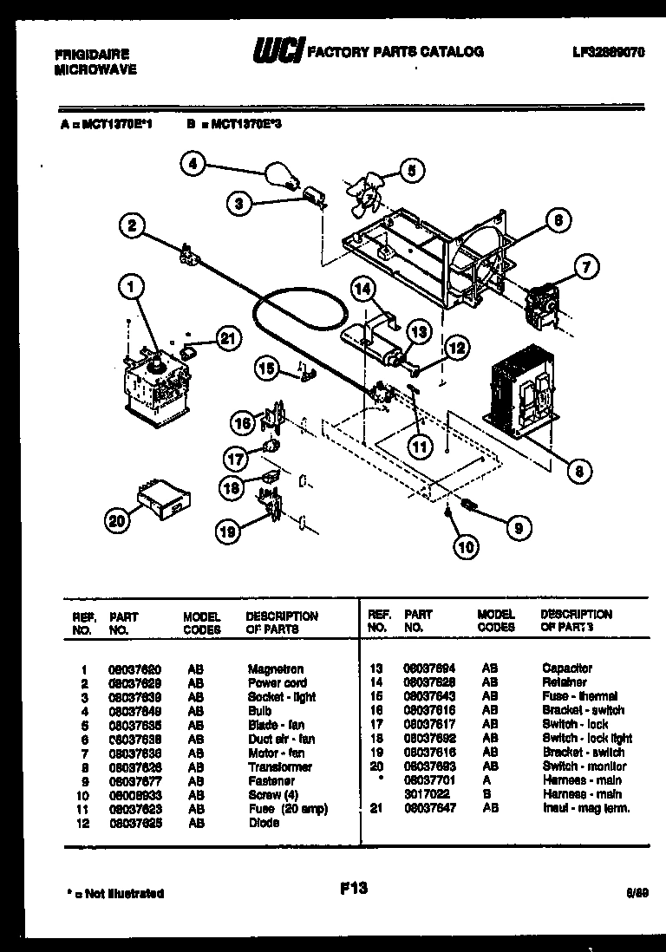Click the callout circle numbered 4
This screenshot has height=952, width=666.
pos(194,163)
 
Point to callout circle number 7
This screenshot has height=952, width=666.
pos(584,268)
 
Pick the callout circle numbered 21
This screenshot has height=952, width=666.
pos(226,341)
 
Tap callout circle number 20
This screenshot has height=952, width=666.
pos(117,520)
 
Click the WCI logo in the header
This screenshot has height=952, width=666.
pos(276,53)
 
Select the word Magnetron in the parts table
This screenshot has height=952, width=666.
pos(275,669)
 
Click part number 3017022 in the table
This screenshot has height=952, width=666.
pos(423,794)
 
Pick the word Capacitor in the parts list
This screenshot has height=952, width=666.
pos(567,668)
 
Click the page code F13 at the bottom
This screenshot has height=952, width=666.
pos(355,889)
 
